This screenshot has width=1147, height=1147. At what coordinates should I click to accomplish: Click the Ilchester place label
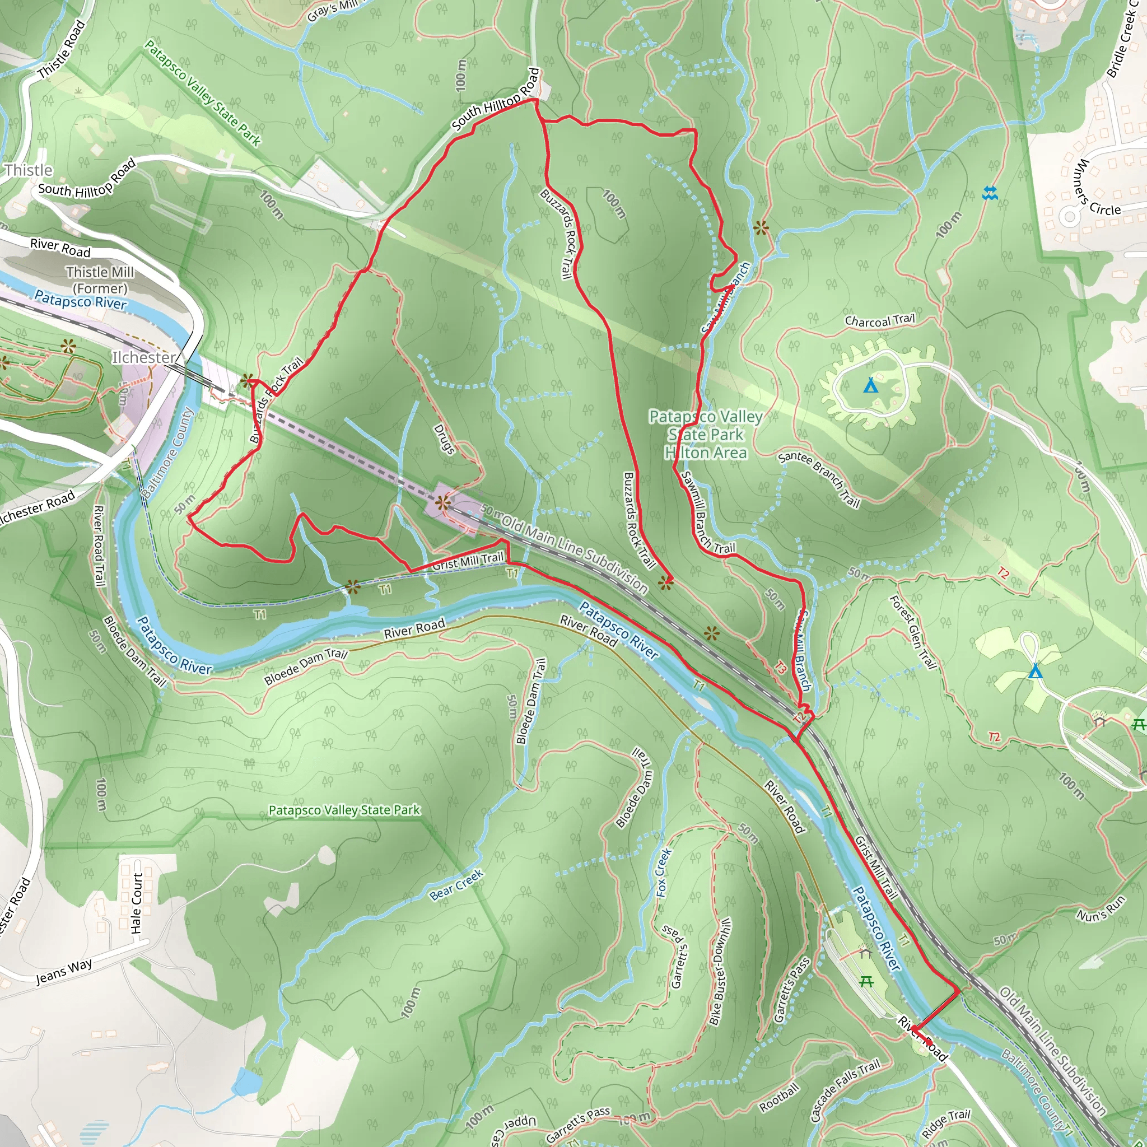point(144,357)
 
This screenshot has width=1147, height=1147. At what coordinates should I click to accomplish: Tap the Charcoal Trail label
point(880,320)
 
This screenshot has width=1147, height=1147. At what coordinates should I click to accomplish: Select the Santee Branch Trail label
point(819,478)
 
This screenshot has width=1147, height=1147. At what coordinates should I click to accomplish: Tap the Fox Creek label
point(664,872)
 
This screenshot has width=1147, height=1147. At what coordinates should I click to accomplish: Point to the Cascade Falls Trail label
point(844,1090)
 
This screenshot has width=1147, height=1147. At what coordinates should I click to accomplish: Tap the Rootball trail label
point(780,1098)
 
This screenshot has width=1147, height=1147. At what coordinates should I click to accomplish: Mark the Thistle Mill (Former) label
point(100,280)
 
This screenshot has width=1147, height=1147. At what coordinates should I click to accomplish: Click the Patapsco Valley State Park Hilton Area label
point(705,435)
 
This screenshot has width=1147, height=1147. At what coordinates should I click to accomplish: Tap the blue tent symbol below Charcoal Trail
point(870,386)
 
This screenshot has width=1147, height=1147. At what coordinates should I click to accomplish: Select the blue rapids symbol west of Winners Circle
point(990,193)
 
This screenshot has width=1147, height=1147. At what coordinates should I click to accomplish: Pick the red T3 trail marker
point(781,668)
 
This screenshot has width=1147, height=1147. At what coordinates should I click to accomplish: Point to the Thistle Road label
point(62,50)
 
